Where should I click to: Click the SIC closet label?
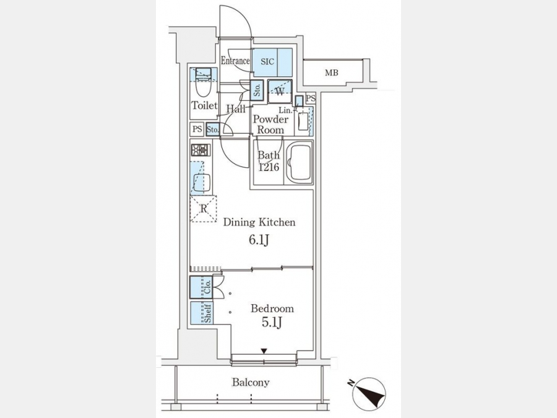click(x=267, y=62)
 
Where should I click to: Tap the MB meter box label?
click(x=332, y=73)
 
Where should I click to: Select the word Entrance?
click(x=235, y=61)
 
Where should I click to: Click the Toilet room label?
click(x=204, y=105)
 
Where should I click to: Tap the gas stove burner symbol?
click(x=201, y=150)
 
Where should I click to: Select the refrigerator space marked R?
click(x=203, y=209)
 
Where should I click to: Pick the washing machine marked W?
click(x=280, y=92)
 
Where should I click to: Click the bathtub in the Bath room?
click(x=300, y=162)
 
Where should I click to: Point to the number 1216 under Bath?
click(x=269, y=167)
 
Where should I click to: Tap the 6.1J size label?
click(x=259, y=240)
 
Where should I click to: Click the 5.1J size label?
click(x=272, y=323)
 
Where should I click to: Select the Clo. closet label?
click(x=208, y=287)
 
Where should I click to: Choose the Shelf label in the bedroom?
click(x=208, y=313)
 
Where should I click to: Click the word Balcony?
click(x=251, y=383)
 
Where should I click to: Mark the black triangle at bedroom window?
click(x=264, y=351)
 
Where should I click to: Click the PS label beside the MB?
click(x=311, y=98)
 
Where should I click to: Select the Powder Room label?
click(x=270, y=124)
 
